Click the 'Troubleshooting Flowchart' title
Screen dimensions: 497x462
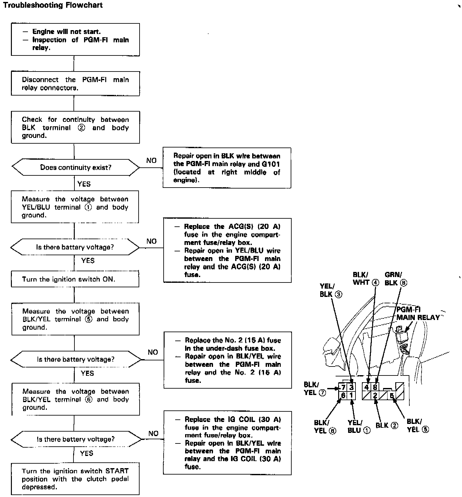pos(53,5)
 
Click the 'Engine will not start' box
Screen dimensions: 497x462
pos(75,39)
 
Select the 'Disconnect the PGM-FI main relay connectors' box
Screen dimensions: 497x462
pos(75,84)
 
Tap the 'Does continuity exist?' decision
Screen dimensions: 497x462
pos(76,167)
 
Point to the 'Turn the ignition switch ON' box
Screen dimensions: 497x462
pos(75,279)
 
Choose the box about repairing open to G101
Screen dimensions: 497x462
pos(227,168)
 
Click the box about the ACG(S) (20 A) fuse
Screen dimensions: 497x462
pos(227,250)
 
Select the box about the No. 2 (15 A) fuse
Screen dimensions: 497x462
pos(228,360)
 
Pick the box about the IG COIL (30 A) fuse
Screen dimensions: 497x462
pos(227,442)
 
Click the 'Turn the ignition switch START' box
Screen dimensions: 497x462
pos(75,479)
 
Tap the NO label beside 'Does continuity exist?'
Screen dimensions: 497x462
pos(151,160)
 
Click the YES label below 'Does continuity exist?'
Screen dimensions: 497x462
pos(84,184)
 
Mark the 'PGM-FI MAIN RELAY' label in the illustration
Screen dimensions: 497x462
pos(418,314)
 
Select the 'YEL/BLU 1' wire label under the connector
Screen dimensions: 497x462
pos(359,427)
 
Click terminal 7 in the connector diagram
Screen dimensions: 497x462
pos(343,387)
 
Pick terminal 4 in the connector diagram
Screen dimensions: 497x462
pos(367,387)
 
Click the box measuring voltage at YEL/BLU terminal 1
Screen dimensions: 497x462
pos(75,207)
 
